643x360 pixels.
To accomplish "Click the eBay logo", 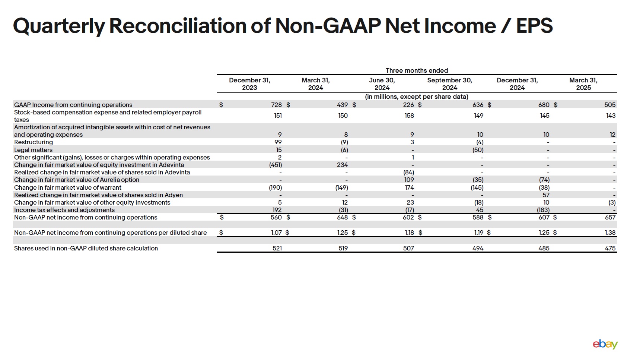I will [605, 344].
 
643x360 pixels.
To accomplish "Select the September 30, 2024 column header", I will [449, 84].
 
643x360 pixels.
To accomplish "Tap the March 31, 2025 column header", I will [583, 84].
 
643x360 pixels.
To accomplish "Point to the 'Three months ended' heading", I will [417, 70].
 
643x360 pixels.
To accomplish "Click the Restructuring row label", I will [34, 142].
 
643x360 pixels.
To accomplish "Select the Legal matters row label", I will [33, 150].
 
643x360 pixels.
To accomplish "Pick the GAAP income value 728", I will [276, 105].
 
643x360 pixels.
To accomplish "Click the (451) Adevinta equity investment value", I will [276, 165].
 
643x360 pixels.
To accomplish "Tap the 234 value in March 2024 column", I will [342, 165].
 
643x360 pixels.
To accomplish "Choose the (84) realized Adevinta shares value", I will [408, 172].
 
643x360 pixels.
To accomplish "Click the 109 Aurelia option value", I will [409, 180].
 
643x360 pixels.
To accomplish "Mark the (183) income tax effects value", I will [543, 210].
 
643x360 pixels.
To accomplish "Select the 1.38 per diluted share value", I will [610, 233].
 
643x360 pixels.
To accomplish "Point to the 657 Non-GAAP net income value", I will [610, 217].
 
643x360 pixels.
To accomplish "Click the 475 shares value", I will [610, 248].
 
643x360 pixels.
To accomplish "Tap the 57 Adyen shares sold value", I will [546, 195].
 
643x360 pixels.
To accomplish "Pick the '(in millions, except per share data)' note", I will [417, 97].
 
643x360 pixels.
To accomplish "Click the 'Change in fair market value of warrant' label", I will [68, 187].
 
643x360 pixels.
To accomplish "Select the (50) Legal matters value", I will [478, 150].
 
